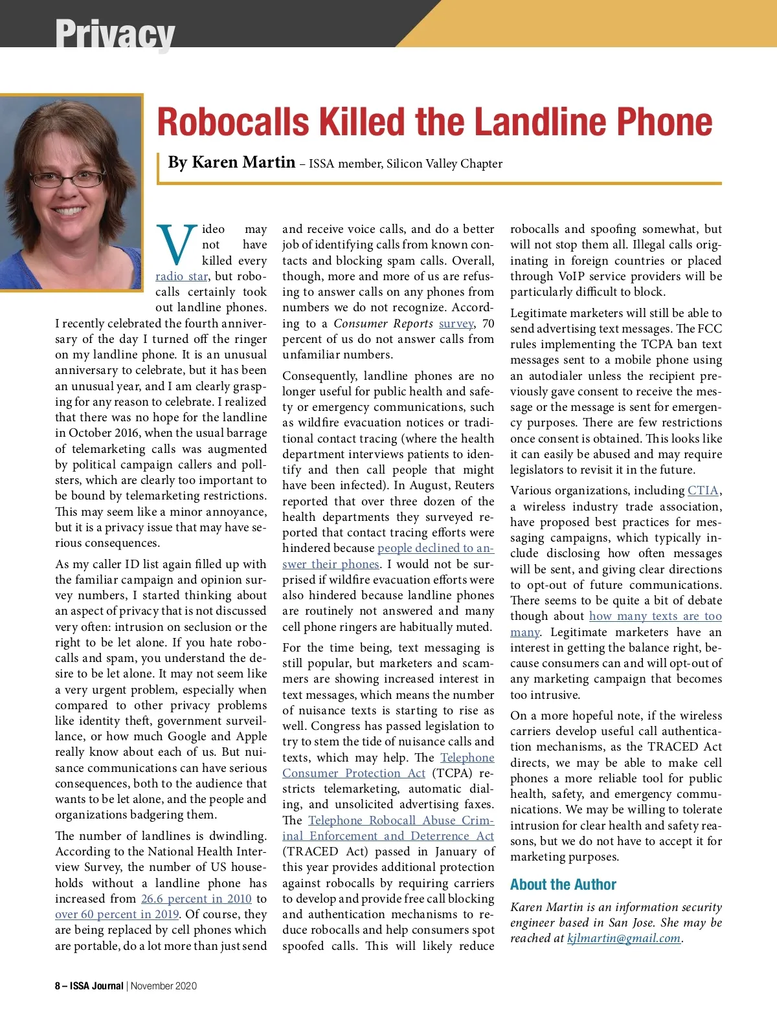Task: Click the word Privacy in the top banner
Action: click(115, 33)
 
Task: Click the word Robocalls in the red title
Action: click(233, 122)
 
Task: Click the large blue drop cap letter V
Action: click(177, 245)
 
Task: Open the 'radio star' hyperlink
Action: click(181, 276)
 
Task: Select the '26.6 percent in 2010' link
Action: click(196, 899)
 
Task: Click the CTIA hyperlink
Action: click(703, 490)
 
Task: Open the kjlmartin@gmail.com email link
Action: click(624, 938)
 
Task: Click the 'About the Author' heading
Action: click(563, 885)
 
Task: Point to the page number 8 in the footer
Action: click(58, 986)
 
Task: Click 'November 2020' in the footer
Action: click(164, 986)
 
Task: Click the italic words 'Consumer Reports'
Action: click(383, 324)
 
